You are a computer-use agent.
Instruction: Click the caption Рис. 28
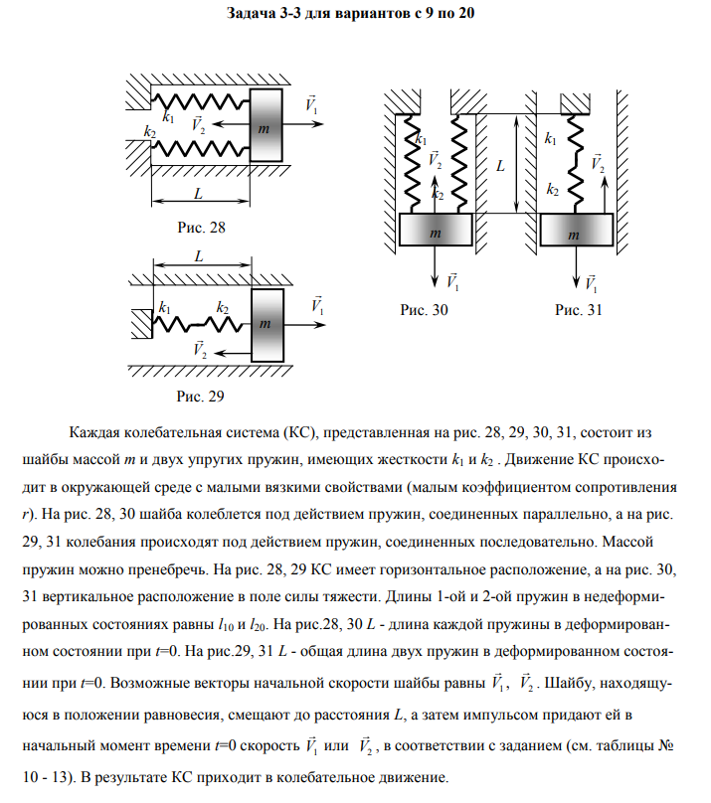click(201, 227)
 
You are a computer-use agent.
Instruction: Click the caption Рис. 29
click(201, 398)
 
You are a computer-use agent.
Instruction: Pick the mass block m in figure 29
click(267, 323)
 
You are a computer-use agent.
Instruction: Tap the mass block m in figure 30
click(436, 232)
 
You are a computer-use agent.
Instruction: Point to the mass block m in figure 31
click(575, 232)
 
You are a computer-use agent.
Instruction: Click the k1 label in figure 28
click(168, 117)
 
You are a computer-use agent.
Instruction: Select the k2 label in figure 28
click(150, 132)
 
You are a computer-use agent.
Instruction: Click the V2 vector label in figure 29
click(198, 349)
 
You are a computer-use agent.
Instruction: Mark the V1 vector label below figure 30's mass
click(453, 281)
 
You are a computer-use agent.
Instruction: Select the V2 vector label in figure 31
click(597, 163)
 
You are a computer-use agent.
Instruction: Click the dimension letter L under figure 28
click(200, 192)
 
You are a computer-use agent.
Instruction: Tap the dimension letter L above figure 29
click(200, 255)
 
